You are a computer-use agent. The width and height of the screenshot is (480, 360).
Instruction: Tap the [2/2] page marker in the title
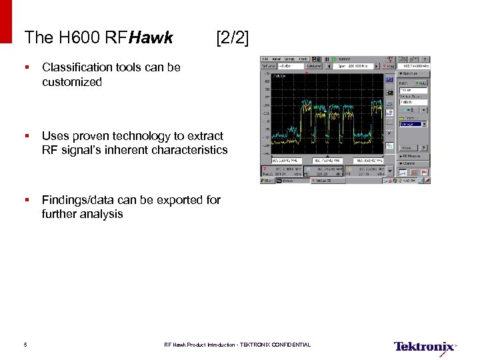[x=232, y=38]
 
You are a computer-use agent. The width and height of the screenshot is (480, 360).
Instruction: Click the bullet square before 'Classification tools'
[x=26, y=67]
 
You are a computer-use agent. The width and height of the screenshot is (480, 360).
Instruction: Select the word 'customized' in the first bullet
[x=71, y=82]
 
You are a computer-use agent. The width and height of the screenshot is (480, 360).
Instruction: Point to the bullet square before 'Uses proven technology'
[x=26, y=136]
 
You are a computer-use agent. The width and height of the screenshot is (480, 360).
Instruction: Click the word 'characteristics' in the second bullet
[x=189, y=150]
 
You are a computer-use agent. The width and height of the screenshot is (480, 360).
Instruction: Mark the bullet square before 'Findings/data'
[x=26, y=200]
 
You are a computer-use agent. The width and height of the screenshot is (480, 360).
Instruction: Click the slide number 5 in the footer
[x=25, y=345]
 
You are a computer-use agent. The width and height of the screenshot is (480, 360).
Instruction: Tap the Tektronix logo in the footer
[x=425, y=347]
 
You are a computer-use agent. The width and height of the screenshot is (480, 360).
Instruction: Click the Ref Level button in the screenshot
[x=269, y=66]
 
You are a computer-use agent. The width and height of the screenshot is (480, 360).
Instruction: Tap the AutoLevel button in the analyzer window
[x=315, y=66]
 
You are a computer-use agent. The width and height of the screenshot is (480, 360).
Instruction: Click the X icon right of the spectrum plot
[x=389, y=133]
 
